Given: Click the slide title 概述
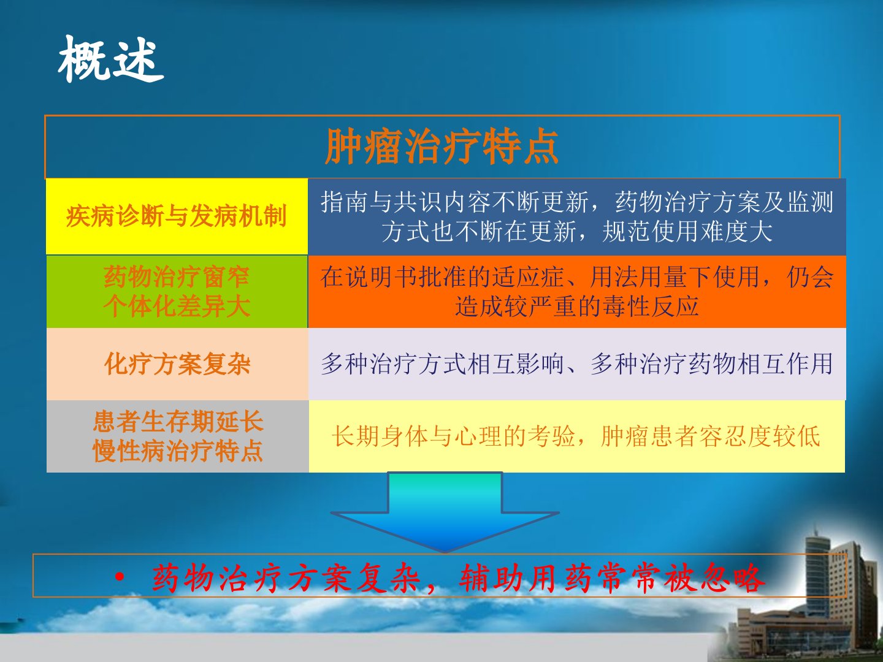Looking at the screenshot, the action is point(110,59).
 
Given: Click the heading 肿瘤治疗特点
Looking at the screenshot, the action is point(442,146).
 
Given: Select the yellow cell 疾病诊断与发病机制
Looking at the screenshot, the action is point(177,216).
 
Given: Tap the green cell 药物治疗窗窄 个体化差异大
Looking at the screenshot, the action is point(177,291).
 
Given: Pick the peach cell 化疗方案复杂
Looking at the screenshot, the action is point(177,363).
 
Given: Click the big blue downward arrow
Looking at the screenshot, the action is point(445,512).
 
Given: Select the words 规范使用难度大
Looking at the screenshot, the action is point(687,232).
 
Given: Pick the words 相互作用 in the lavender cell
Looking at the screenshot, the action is point(784,363).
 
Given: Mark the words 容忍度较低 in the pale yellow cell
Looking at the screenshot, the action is point(760,436).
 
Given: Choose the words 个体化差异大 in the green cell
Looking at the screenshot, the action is point(177,306).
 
